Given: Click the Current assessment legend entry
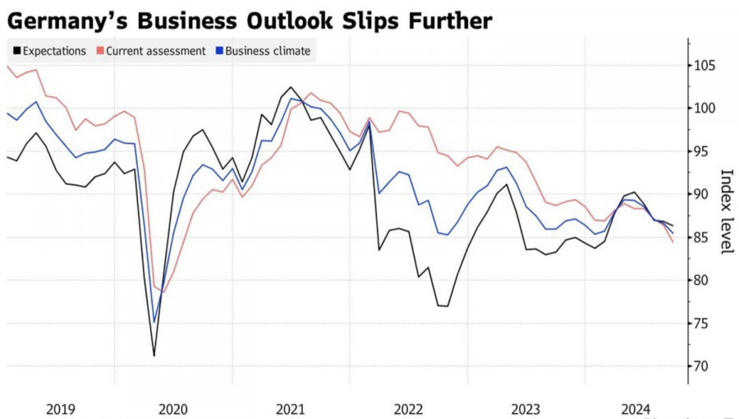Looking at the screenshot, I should click(156, 51).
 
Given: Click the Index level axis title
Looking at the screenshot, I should click(726, 211).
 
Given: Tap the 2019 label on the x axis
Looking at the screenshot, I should click(61, 408).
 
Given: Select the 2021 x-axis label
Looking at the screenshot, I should click(291, 408).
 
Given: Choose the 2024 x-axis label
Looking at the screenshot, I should click(636, 408).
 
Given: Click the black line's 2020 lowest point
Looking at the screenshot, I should click(154, 356).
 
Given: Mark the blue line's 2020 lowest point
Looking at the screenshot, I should click(154, 323).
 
